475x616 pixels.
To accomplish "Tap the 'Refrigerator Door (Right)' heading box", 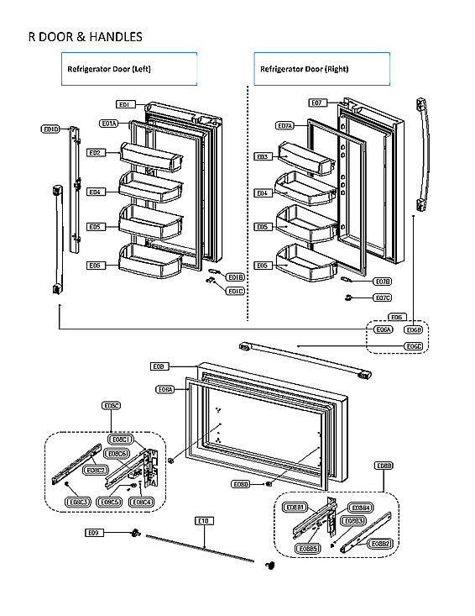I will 321,69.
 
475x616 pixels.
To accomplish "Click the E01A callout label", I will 109,124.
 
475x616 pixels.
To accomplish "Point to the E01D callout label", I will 50,129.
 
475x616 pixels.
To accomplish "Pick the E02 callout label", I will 95,153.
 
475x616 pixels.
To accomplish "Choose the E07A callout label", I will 284,126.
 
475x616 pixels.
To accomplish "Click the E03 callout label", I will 262,156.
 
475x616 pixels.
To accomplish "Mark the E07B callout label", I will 382,282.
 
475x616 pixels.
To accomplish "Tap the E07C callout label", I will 382,297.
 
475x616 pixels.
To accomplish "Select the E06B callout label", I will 413,330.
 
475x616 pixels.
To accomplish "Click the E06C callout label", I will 413,346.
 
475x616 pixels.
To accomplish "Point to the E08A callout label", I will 165,389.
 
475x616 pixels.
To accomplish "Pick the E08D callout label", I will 241,484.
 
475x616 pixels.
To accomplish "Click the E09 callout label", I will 94,533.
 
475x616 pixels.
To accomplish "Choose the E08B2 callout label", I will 381,545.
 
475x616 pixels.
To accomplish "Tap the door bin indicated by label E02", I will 151,155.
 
